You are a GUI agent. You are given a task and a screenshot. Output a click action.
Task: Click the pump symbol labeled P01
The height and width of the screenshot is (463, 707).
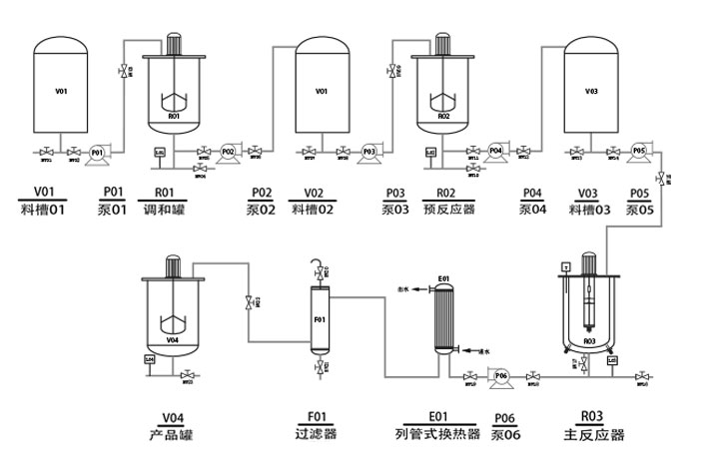pyautogui.click(x=97, y=152)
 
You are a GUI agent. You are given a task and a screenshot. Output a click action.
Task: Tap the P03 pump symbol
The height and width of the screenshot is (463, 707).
pyautogui.click(x=368, y=151)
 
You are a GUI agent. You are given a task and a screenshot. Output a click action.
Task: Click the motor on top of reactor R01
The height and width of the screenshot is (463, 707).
pyautogui.click(x=173, y=42)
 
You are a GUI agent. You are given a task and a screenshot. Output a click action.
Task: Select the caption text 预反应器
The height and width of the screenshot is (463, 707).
pyautogui.click(x=448, y=210)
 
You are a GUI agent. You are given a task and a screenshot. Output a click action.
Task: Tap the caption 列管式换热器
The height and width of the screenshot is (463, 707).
pyautogui.click(x=438, y=435)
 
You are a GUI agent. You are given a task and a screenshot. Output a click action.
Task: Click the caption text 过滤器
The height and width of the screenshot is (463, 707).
pyautogui.click(x=318, y=435)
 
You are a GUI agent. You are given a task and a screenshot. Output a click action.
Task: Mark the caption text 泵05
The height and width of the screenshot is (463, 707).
pyautogui.click(x=640, y=210)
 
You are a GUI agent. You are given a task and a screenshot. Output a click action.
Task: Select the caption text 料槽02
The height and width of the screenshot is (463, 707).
pyautogui.click(x=312, y=210)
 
